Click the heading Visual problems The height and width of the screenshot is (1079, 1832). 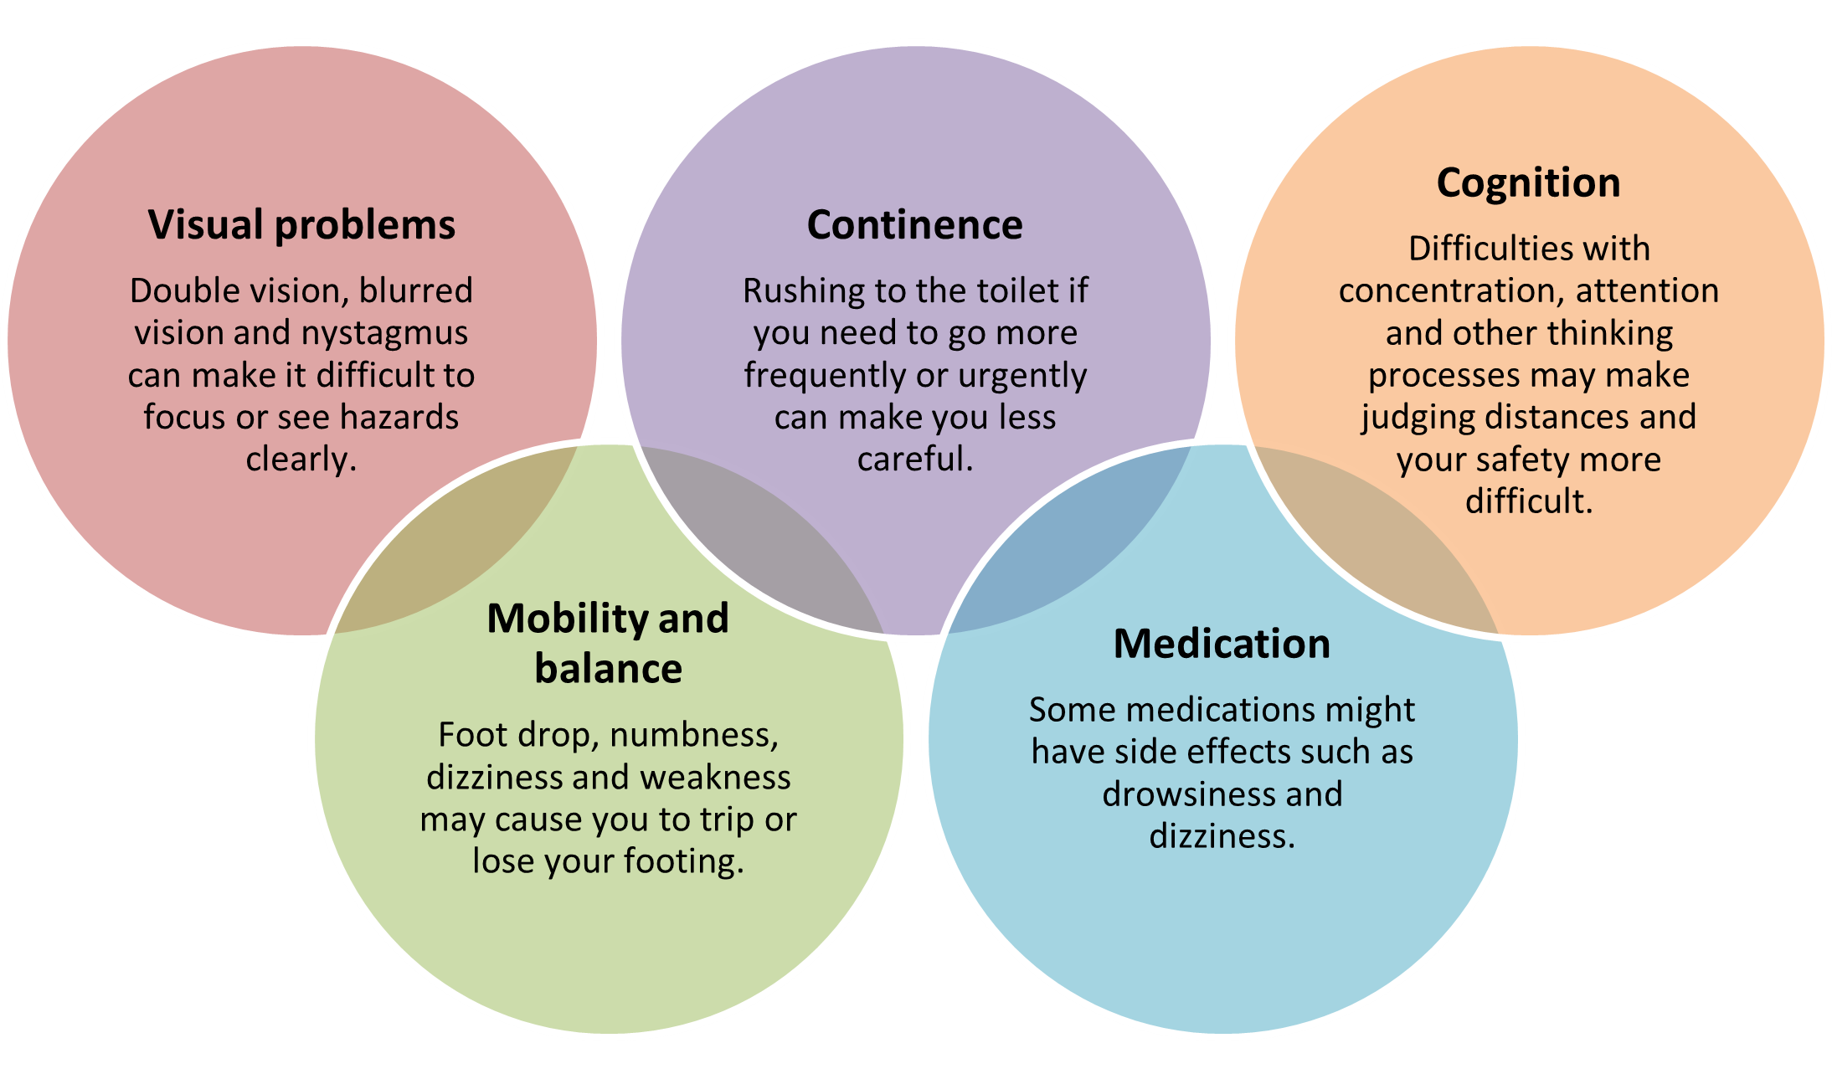click(x=301, y=224)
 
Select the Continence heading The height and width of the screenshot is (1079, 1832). click(x=914, y=224)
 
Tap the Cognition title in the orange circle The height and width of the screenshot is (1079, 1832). click(x=1528, y=182)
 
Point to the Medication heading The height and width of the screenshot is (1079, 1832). click(x=1222, y=644)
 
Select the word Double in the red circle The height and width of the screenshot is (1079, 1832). click(x=179, y=291)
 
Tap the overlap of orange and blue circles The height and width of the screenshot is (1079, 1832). click(x=1373, y=544)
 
